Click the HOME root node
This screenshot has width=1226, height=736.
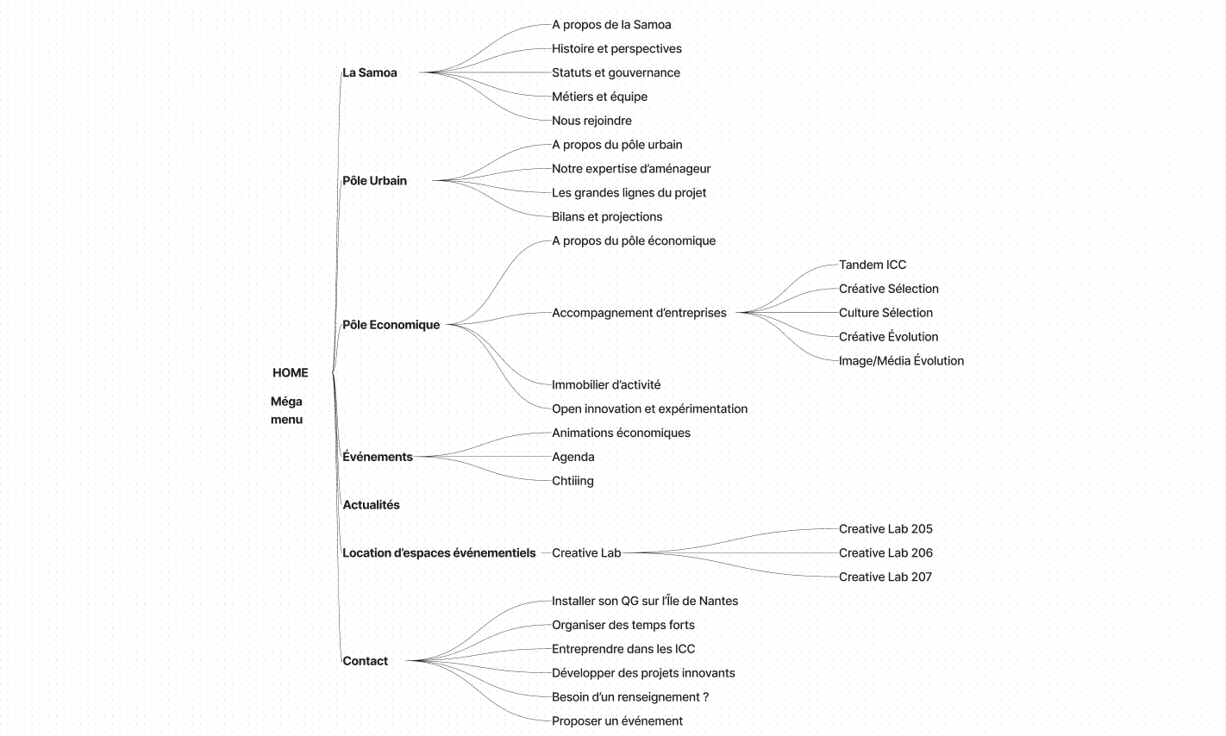pos(290,373)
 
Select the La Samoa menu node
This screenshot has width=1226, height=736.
pos(370,73)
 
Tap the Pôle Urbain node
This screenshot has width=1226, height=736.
pos(374,181)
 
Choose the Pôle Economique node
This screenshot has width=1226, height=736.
pos(391,325)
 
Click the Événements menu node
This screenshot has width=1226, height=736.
pos(378,457)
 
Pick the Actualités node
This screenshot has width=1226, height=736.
pos(371,505)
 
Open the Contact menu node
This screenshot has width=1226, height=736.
pos(365,661)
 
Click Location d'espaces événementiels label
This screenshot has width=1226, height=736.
pos(439,553)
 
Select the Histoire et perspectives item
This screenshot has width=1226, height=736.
pos(616,49)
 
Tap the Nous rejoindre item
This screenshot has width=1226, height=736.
pos(591,122)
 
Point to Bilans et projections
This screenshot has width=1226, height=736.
pos(607,217)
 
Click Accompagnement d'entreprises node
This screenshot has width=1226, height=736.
pos(639,313)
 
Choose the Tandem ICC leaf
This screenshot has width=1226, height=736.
pos(873,265)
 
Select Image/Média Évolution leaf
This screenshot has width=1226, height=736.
pos(901,361)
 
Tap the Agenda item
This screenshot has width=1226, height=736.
pos(573,458)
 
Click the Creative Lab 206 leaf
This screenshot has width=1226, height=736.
pos(885,553)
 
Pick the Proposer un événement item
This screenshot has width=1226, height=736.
pos(617,721)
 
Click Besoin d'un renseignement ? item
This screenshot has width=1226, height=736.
pos(630,697)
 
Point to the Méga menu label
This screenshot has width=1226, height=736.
pos(286,410)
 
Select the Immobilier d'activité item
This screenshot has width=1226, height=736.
pos(606,385)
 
